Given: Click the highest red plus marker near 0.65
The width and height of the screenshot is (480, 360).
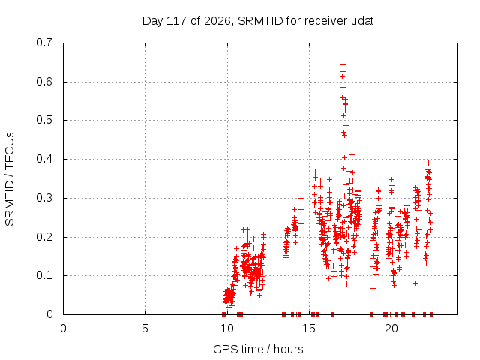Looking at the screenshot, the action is click(343, 64).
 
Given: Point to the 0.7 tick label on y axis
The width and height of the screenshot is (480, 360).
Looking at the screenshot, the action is click(44, 43).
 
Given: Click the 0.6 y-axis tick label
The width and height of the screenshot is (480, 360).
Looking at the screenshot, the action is click(44, 82).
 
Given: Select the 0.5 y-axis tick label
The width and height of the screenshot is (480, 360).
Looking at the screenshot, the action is click(44, 120).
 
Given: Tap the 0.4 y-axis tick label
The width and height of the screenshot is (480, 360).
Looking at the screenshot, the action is click(44, 159).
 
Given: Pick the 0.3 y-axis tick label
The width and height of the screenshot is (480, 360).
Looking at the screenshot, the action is click(44, 198).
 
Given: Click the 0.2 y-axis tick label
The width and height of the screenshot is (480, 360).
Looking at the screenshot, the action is click(44, 237).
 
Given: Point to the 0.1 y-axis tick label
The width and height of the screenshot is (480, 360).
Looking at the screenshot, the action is click(44, 275).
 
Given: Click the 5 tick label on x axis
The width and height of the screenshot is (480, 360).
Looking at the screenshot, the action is click(145, 328).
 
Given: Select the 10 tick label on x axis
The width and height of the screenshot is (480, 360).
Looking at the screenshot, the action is click(227, 328).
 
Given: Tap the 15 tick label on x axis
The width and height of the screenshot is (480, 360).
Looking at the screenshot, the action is click(309, 328).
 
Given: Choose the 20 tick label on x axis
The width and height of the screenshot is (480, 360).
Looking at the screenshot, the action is click(391, 328).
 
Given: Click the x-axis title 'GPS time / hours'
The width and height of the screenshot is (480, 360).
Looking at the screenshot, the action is click(258, 349).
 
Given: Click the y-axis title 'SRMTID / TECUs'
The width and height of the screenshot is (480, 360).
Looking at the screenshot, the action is click(10, 179).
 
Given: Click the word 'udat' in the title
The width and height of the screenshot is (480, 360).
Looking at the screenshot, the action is click(362, 21).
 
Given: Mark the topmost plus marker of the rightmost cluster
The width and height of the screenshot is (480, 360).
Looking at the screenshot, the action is click(428, 163).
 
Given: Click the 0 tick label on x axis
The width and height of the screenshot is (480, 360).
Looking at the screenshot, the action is click(63, 328).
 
